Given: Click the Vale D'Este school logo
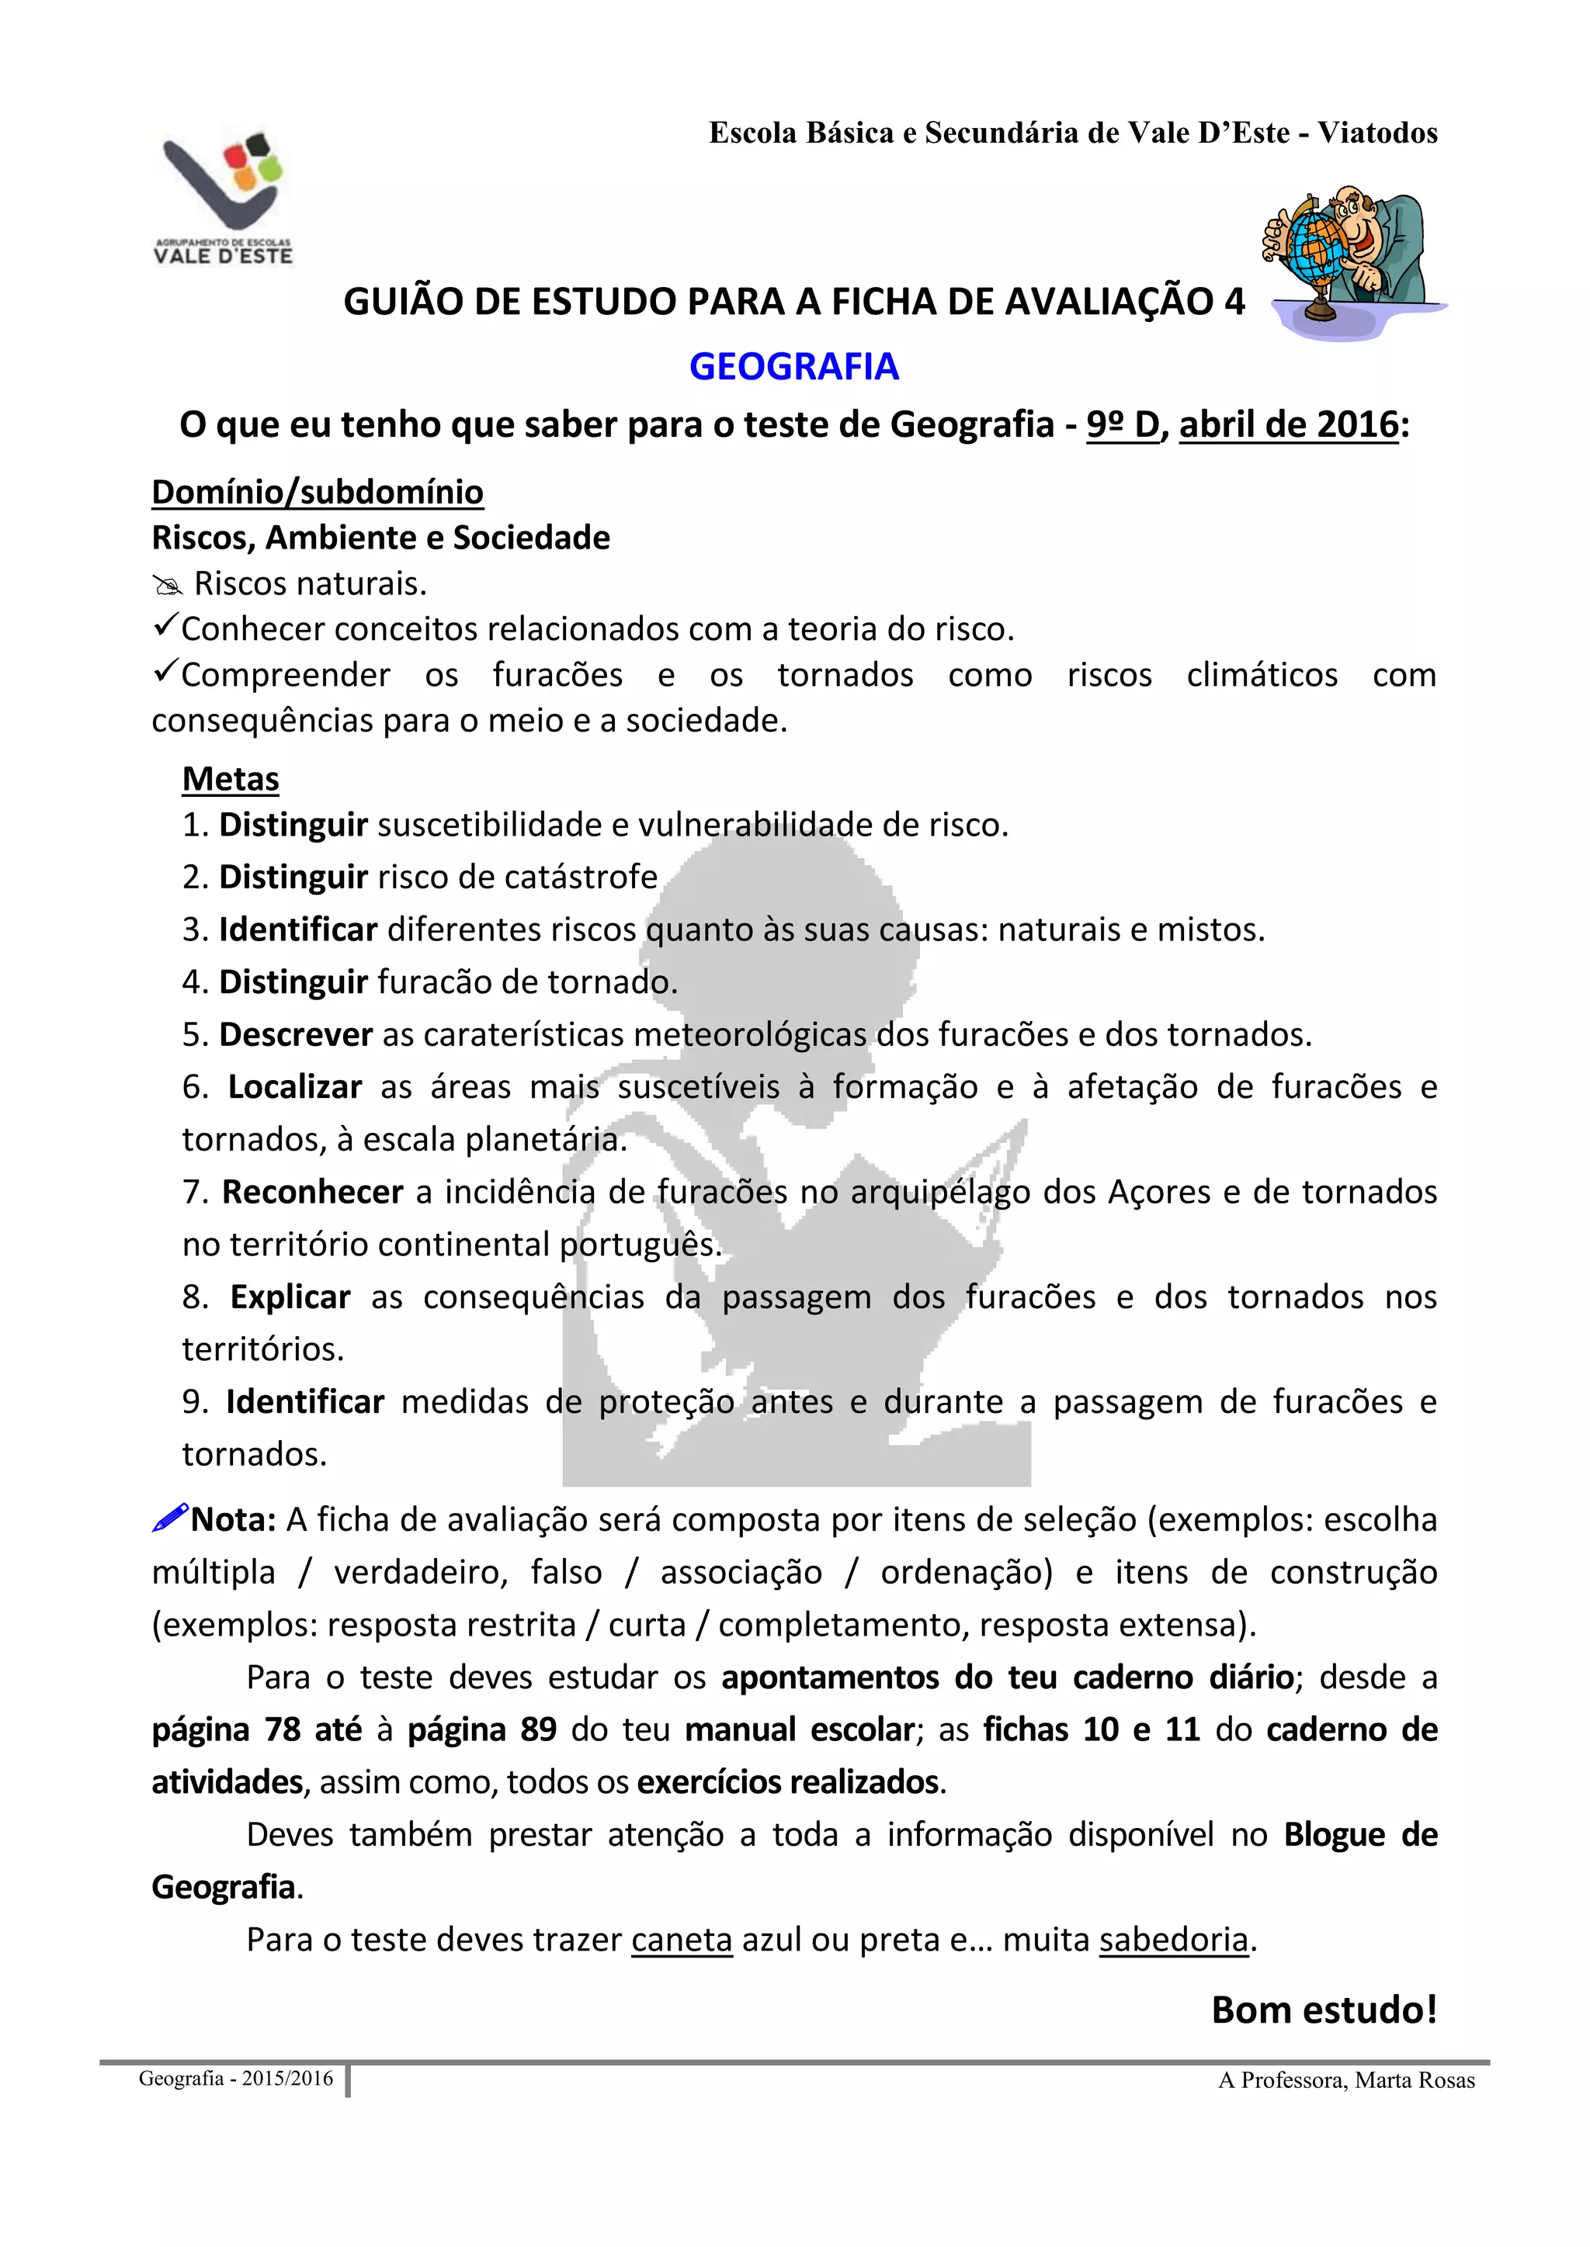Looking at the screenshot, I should click(x=224, y=199).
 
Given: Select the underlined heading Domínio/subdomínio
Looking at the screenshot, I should click(x=318, y=492).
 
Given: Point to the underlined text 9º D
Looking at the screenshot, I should click(x=1122, y=424).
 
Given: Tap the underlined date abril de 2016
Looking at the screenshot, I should click(x=1289, y=424).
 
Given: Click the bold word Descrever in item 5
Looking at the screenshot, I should click(x=296, y=1034).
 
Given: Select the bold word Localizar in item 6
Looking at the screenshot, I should click(x=295, y=1087).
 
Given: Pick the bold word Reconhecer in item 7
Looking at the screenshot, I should click(x=312, y=1192).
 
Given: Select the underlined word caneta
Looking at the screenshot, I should click(x=682, y=1939).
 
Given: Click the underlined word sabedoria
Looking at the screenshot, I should click(x=1173, y=1939).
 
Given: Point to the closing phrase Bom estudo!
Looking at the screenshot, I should click(x=1324, y=2010).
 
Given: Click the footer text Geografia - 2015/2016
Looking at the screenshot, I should click(x=236, y=2079).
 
